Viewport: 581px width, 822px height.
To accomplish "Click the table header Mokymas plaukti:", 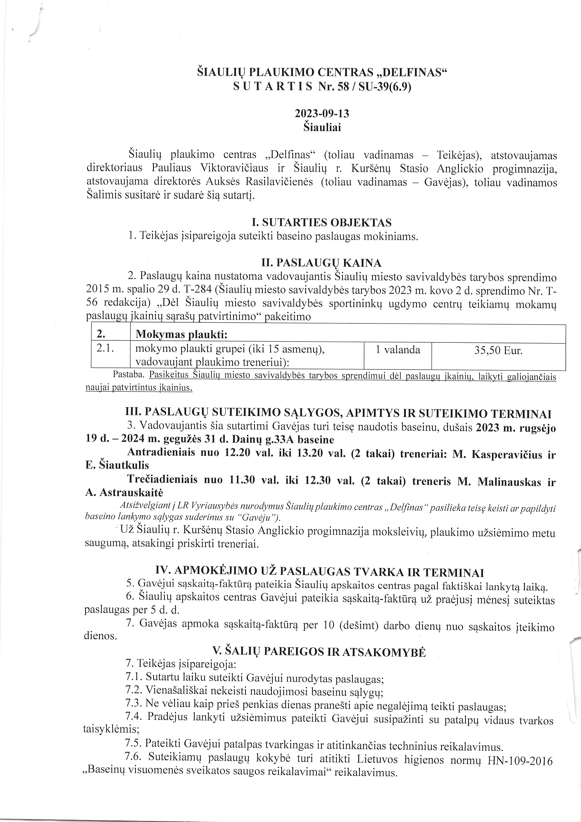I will click(x=182, y=334).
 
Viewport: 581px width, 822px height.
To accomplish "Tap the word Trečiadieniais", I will click(x=162, y=480).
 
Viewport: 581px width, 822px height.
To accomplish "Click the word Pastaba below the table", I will click(x=128, y=375).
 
